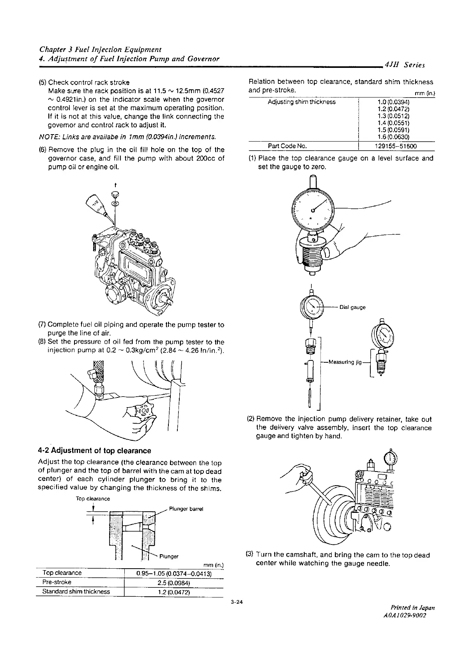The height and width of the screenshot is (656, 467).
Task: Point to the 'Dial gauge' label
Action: tap(352, 307)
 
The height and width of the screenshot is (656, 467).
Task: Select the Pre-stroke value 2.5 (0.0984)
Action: tap(173, 583)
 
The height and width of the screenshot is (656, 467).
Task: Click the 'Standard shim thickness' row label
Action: tap(76, 592)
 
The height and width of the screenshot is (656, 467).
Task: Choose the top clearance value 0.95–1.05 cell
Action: tap(173, 574)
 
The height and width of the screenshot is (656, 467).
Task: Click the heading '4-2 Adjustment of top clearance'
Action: tap(94, 450)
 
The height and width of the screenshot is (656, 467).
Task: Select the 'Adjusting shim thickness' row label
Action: tap(301, 102)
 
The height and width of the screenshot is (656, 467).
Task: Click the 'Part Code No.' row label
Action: tap(287, 146)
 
